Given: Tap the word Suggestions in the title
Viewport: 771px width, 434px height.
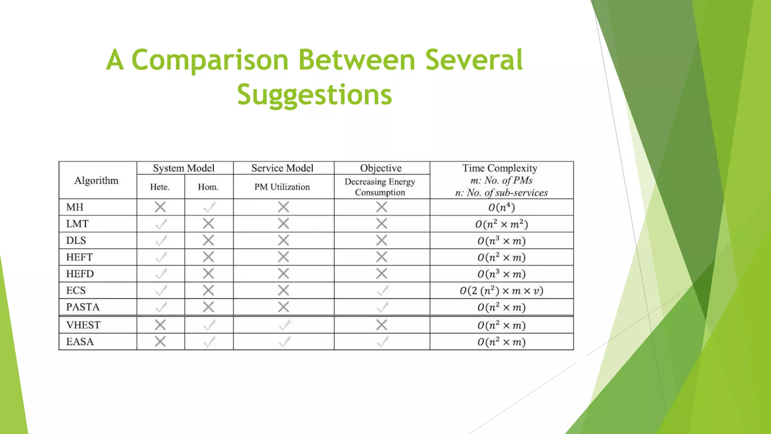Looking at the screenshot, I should tap(314, 95).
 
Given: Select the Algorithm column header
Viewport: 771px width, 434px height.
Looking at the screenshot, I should tap(96, 180).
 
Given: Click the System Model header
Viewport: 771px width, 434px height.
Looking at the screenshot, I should tap(184, 168).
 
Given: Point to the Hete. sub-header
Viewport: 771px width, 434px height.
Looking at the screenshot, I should tap(160, 187).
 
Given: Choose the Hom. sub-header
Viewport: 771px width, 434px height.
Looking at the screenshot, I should tap(208, 187).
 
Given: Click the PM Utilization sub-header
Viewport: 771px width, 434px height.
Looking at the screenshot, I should tap(282, 187).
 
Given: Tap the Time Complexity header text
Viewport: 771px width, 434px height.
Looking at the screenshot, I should tap(500, 168).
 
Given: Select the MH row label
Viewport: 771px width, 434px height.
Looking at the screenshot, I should tap(75, 207).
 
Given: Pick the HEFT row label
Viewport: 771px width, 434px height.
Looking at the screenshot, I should tap(79, 257).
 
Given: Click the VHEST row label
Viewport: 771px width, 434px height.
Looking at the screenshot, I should tap(83, 325).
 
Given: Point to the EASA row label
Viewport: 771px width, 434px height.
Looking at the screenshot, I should tap(80, 342).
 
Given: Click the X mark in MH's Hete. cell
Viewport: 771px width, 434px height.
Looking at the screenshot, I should tap(160, 207).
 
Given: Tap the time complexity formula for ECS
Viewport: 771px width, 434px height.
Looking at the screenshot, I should tap(501, 291).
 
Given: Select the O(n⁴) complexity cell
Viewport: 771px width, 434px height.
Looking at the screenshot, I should tap(501, 207).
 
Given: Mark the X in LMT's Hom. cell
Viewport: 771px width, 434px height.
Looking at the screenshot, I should tap(208, 224).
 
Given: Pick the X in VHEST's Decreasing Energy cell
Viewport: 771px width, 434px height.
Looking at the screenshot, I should tap(381, 325).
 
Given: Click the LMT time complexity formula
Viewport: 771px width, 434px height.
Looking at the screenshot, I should tap(501, 224).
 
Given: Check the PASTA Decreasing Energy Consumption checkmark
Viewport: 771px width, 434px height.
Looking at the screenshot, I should tap(382, 307).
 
